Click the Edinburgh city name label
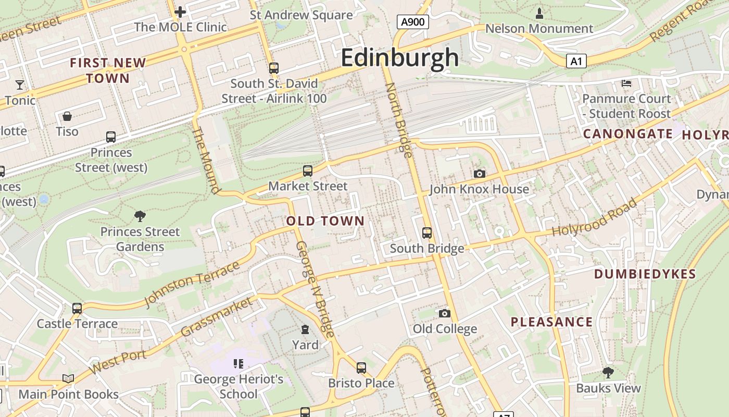click(x=400, y=57)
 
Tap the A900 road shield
click(x=413, y=22)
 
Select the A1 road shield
click(x=576, y=62)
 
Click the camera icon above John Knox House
click(x=479, y=174)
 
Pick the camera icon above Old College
click(x=444, y=313)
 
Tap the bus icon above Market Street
click(x=308, y=170)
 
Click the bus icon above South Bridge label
click(x=427, y=232)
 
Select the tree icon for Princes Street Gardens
click(x=140, y=216)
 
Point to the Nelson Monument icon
click(x=539, y=13)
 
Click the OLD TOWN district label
click(x=325, y=221)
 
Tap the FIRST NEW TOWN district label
click(x=108, y=70)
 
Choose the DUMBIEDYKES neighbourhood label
click(x=645, y=274)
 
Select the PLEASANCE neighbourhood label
click(x=551, y=322)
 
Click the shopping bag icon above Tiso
click(x=67, y=116)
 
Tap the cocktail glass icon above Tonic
click(x=20, y=84)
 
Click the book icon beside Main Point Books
click(x=68, y=378)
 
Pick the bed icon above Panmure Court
click(x=626, y=83)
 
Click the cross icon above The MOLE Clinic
click(x=180, y=11)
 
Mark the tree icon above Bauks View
click(x=608, y=372)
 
